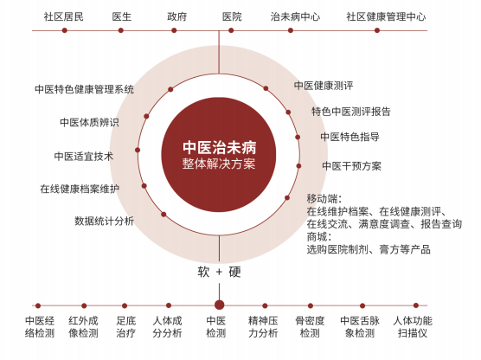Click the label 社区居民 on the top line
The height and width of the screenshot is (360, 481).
[63, 16]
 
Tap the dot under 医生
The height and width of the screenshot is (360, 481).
[121, 30]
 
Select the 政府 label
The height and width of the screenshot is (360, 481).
[177, 16]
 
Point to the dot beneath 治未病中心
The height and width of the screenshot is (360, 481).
[291, 30]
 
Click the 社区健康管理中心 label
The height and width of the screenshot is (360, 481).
[386, 16]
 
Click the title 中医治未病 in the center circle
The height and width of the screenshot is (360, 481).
[220, 148]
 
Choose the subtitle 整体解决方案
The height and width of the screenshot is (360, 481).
[219, 164]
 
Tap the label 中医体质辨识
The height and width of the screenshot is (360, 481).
[89, 123]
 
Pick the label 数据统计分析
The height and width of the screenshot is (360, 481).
[104, 221]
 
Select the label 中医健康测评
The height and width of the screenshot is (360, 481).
[324, 86]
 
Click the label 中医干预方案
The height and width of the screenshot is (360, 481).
[352, 166]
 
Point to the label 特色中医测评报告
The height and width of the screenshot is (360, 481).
[351, 111]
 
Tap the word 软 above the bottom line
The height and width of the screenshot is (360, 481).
[203, 272]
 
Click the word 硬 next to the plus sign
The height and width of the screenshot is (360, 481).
[234, 272]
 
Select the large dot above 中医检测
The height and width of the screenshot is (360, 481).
[219, 305]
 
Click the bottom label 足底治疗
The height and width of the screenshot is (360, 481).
[125, 327]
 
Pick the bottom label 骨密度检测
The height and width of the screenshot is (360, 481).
[310, 327]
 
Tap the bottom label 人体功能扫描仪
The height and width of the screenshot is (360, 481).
[413, 327]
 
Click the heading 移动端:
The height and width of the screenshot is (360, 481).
[324, 199]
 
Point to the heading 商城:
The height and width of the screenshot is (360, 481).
[319, 236]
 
